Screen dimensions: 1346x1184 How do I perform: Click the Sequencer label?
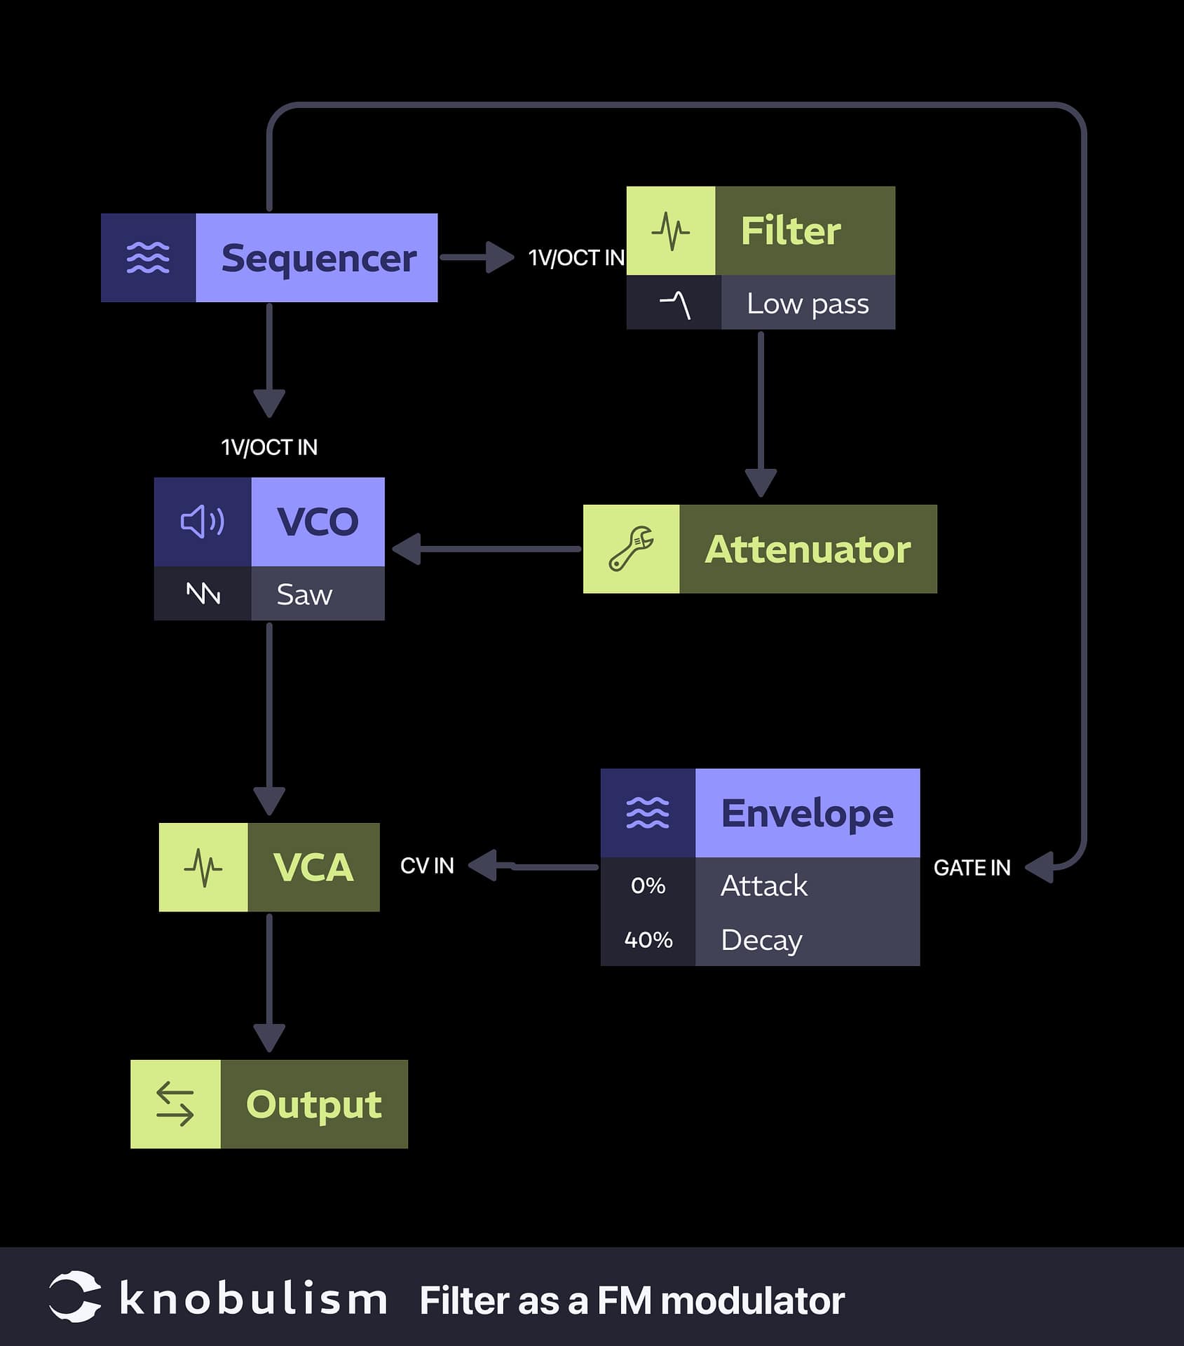pos(318,258)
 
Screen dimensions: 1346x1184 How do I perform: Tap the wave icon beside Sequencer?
pos(148,258)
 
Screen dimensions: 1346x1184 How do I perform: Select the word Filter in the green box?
pos(791,231)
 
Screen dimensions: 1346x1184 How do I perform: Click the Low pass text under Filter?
pos(808,304)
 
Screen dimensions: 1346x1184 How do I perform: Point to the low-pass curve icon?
pos(674,304)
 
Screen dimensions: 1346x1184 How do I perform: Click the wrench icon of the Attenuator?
pos(631,549)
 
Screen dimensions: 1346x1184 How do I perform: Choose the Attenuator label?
pos(808,549)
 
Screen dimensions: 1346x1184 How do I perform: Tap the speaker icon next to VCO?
pos(203,522)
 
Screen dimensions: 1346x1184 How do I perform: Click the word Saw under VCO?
pos(304,594)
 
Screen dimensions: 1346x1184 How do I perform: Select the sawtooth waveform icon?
pos(203,594)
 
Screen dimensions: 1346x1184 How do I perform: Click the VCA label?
pos(313,867)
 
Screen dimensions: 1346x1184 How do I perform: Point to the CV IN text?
pos(427,866)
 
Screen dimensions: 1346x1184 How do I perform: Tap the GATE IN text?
pos(972,868)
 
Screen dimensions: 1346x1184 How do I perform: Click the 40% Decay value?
pos(648,939)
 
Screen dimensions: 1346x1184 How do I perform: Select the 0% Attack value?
pos(648,885)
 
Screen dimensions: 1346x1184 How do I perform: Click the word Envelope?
pos(807,813)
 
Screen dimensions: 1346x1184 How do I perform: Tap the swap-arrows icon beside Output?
pos(175,1104)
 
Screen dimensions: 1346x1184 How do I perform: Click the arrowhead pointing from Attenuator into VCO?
pos(407,549)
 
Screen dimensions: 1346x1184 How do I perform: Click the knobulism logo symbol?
pos(74,1296)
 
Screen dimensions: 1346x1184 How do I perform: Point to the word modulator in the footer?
pos(752,1301)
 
